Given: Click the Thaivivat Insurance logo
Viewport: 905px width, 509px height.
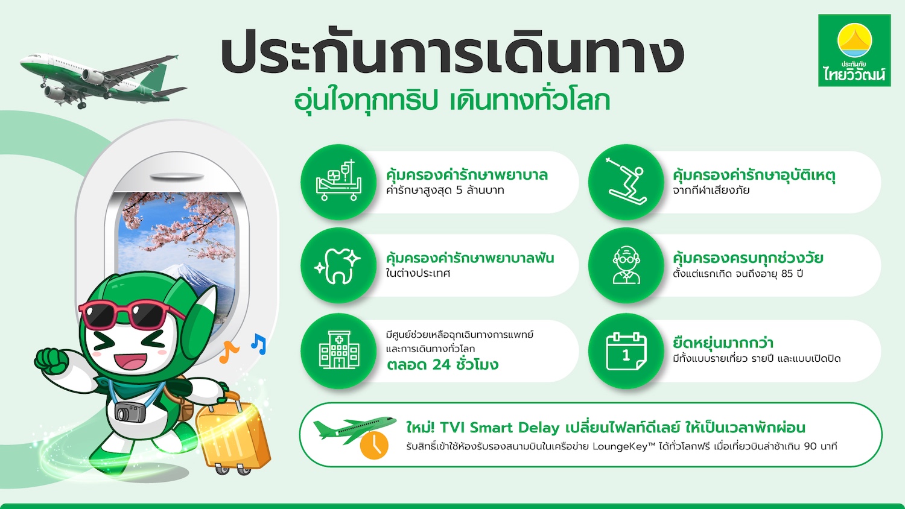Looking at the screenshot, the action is (x=854, y=51).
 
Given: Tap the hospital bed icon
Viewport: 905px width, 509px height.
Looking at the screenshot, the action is (x=338, y=180).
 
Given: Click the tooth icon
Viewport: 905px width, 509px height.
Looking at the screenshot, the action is (x=337, y=266).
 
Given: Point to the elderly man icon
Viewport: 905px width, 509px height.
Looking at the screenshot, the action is (x=626, y=265).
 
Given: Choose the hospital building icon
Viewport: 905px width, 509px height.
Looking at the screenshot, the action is (x=339, y=349).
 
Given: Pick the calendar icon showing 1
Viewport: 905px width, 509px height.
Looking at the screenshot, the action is (x=626, y=351).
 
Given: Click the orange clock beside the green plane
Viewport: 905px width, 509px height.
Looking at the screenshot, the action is (x=374, y=445).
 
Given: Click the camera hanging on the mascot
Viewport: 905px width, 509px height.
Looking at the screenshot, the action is (x=130, y=412).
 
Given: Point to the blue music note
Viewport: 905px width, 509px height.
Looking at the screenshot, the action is (x=259, y=344).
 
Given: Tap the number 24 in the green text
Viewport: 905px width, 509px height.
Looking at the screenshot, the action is (x=441, y=365).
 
